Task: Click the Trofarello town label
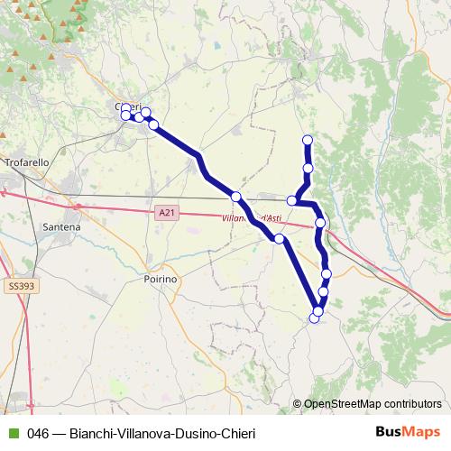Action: coord(30,162)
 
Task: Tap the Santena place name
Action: coord(60,228)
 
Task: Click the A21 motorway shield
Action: coord(163,212)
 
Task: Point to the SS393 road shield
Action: coord(19,286)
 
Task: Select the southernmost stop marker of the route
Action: coord(315,318)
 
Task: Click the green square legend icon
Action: coord(12,432)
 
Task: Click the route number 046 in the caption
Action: coord(38,432)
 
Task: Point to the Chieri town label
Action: coord(123,106)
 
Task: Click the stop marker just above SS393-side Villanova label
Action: coord(236,197)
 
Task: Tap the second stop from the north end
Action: coord(308,169)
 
